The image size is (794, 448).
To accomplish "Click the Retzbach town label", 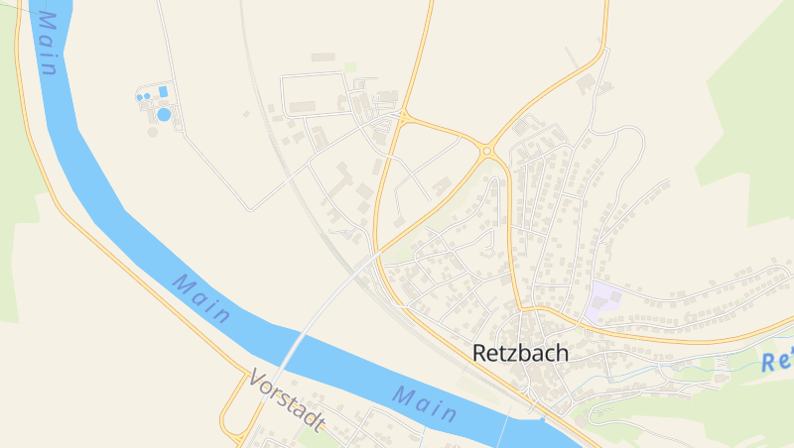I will tap(520, 353).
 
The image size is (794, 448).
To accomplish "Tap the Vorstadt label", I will tap(287, 399).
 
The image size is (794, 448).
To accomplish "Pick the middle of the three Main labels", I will tap(201, 298).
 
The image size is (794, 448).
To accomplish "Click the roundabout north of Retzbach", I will tap(487, 151).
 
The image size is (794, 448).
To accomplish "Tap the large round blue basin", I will tap(164, 114).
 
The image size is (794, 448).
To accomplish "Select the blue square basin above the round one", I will tap(163, 92).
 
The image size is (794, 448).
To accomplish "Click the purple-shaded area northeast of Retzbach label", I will tap(603, 300).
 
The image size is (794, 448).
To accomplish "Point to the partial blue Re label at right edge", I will tap(780, 360).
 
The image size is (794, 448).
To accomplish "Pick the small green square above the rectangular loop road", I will tap(350, 67).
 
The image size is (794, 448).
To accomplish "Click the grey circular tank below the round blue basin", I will tap(152, 131).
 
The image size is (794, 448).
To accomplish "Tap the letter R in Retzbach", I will tap(480, 353).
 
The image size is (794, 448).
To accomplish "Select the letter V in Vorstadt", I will tap(256, 378).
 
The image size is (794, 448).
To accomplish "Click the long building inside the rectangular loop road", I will tap(303, 105).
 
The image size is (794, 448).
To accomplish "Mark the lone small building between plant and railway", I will tap(246, 114).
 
